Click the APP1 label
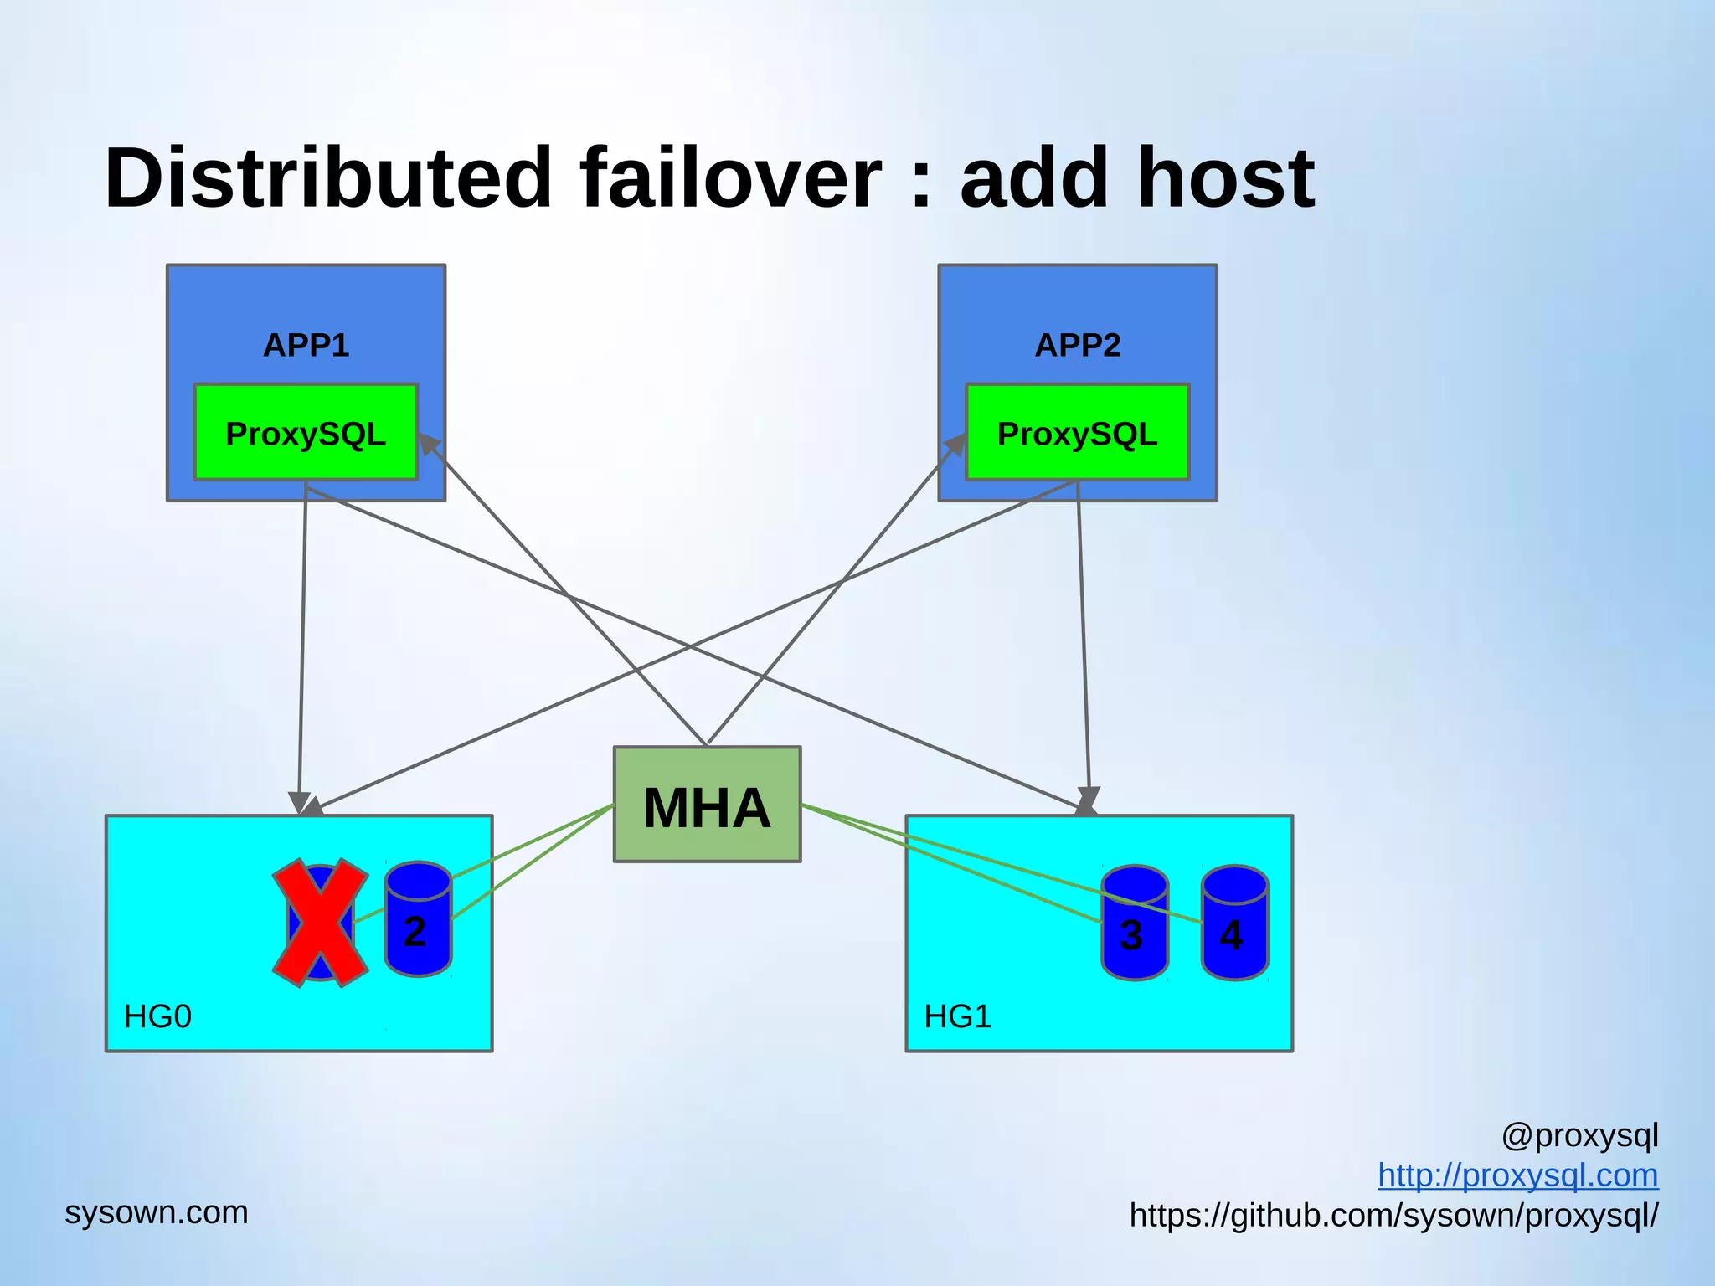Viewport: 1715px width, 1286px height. (x=306, y=345)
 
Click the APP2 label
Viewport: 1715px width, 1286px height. (x=1077, y=345)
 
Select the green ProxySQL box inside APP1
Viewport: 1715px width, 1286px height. (x=306, y=433)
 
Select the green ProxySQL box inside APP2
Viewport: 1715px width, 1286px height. (x=1077, y=433)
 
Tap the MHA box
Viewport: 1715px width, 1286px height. (x=707, y=805)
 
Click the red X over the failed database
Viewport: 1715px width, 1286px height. (x=320, y=922)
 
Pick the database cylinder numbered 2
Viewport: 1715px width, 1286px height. (x=418, y=921)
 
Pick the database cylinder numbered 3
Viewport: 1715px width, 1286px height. (x=1134, y=924)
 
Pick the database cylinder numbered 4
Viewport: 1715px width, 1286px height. (x=1234, y=924)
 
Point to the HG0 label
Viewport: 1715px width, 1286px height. (x=157, y=1016)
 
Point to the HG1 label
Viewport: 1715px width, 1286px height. (x=957, y=1016)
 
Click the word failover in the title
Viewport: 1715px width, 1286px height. (x=730, y=177)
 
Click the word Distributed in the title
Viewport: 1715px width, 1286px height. (x=327, y=177)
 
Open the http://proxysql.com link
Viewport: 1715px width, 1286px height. (x=1517, y=1175)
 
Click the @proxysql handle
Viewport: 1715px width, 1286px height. (x=1579, y=1136)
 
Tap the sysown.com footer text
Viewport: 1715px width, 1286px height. (x=157, y=1212)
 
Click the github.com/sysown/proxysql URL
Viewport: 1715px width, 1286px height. (x=1393, y=1215)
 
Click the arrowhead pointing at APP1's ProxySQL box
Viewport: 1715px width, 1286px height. (x=430, y=445)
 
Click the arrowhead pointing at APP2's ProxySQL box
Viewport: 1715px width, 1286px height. (x=955, y=445)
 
